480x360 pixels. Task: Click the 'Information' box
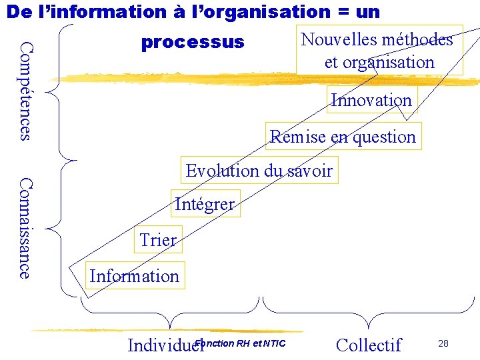134,276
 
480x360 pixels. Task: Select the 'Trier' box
158,240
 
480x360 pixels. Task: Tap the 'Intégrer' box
204,204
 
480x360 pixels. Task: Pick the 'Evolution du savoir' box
259,171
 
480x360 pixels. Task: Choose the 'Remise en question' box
343,137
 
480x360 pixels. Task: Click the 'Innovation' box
371,101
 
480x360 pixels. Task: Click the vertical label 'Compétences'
25,91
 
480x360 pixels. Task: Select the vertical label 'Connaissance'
25,227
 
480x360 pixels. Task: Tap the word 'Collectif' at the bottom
369,345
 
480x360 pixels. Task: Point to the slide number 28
443,343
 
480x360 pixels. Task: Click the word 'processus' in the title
193,43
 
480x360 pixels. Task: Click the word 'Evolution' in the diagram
223,171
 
